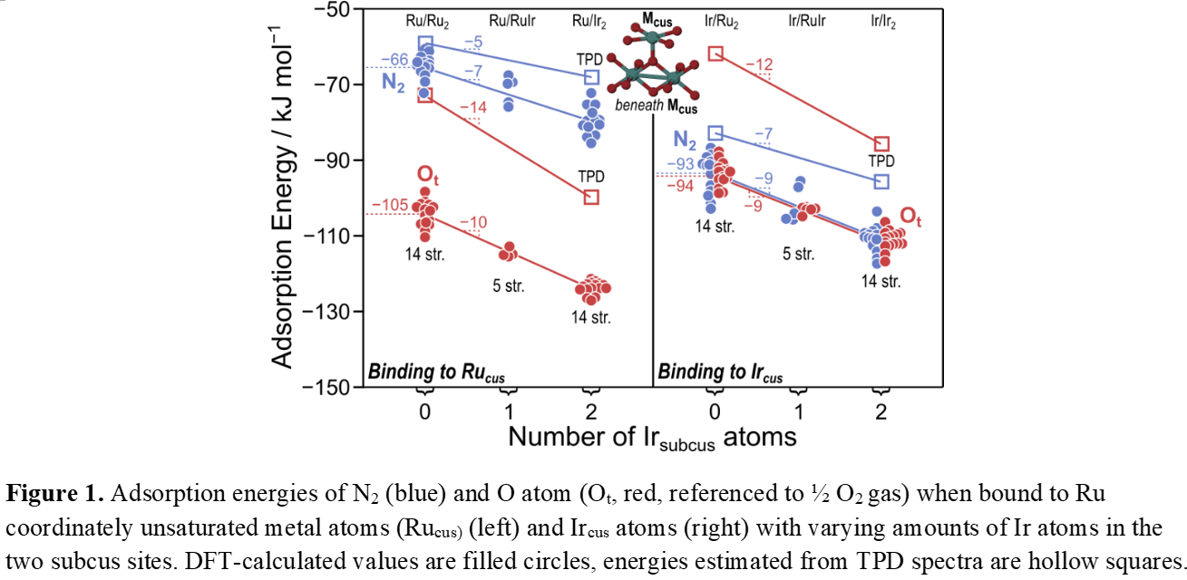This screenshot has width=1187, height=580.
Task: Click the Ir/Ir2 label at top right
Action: click(878, 20)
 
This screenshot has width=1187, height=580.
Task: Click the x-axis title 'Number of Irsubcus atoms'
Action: click(652, 437)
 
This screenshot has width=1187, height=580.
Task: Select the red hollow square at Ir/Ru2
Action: click(715, 54)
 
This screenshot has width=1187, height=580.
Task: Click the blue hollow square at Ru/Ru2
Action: click(425, 43)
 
